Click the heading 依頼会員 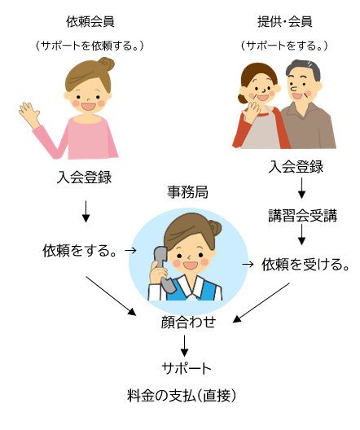90,22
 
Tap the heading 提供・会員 284,22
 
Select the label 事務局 187,191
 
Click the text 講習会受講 302,215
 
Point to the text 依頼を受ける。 305,265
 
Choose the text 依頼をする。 79,250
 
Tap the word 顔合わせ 188,322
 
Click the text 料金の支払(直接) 182,395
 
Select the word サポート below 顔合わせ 187,368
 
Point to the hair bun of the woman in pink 107,64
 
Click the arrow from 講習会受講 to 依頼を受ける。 301,235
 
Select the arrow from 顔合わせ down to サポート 185,346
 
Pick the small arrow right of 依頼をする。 130,250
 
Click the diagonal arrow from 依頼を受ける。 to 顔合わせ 261,302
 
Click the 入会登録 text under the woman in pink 84,178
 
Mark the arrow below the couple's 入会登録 301,188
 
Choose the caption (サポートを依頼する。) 90,46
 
